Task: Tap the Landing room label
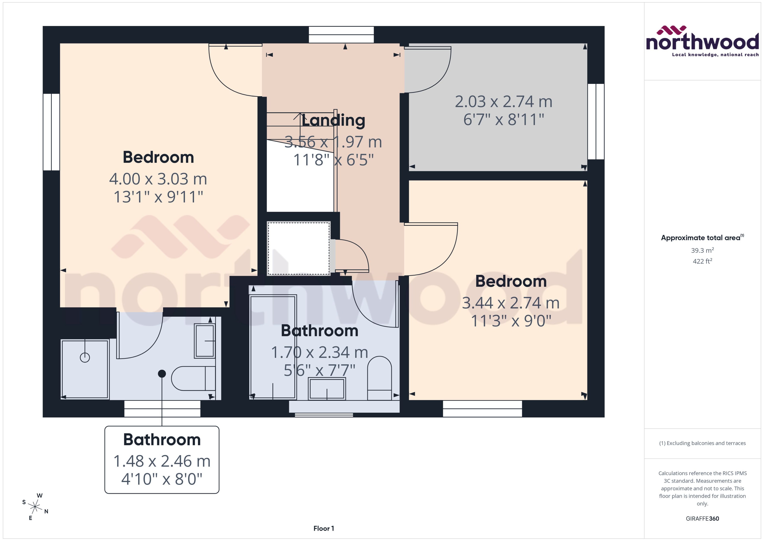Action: [x=333, y=120]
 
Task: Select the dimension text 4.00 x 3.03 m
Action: [x=158, y=179]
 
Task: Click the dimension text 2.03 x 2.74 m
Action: [x=503, y=102]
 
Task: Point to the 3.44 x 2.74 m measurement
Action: [x=510, y=303]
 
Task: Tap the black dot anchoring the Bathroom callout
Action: [x=162, y=374]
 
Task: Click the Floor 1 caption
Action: [x=323, y=528]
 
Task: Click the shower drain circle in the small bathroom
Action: [x=85, y=358]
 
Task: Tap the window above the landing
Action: [x=341, y=35]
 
